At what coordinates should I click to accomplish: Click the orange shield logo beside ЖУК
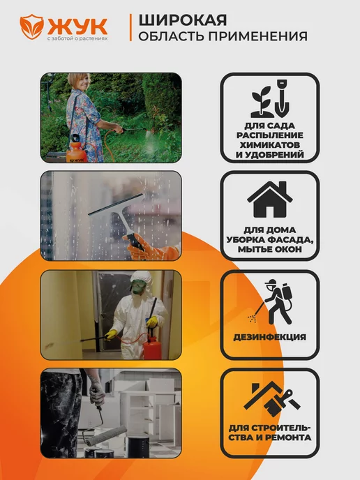point(32,27)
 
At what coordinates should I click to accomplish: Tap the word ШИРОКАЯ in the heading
point(183,20)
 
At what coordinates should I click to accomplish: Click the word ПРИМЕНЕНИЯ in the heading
point(258,36)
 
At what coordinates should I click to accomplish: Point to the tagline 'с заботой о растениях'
point(77,39)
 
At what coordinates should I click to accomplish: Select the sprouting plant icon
point(262,103)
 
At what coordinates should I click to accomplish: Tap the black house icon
point(270,200)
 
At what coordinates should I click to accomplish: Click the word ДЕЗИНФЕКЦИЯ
point(270,337)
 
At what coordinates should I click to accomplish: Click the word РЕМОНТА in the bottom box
point(287,437)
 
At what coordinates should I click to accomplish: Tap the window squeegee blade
point(115,204)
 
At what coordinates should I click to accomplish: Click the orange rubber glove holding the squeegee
point(151,249)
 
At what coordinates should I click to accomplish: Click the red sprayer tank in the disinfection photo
point(152,345)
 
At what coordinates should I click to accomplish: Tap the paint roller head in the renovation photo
point(106,435)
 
